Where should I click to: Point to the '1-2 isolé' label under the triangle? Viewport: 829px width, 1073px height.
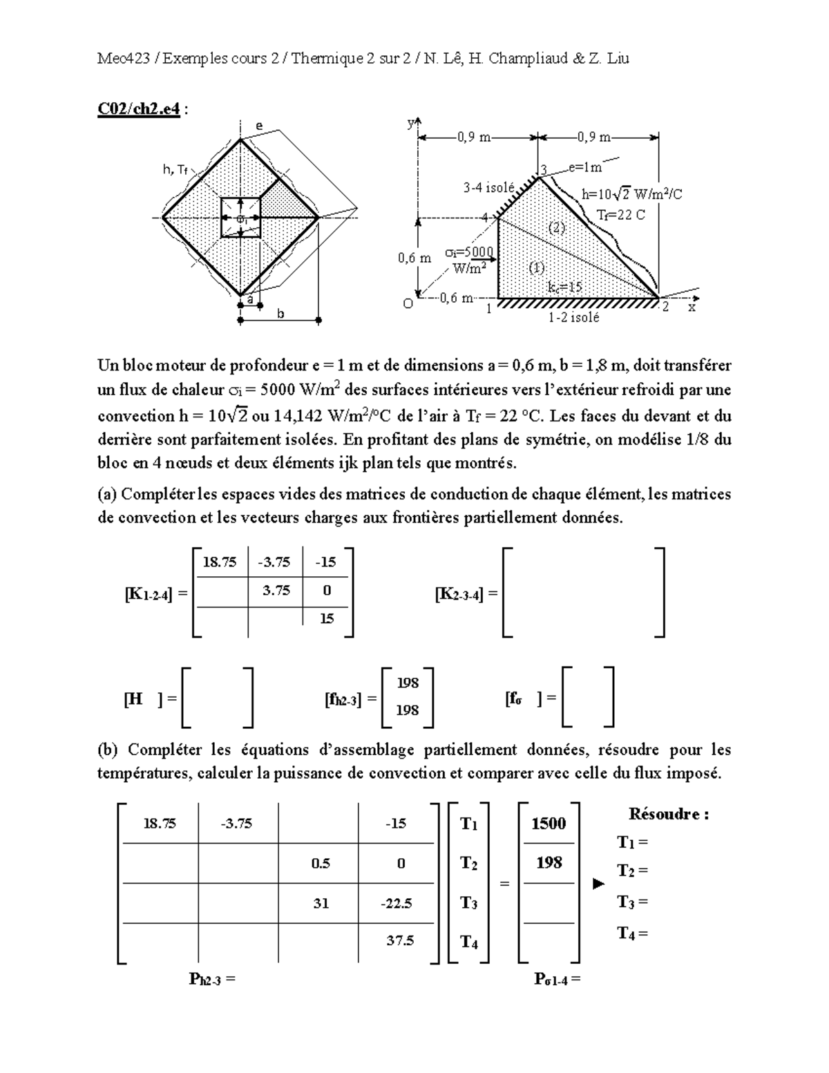point(574,318)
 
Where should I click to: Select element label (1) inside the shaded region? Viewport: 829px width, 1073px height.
point(536,267)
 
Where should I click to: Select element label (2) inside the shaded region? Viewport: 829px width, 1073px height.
point(557,227)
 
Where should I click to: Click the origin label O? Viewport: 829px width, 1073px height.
point(408,304)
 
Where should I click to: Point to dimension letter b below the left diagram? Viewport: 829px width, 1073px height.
point(280,314)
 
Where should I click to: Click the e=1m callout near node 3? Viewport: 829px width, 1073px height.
point(585,167)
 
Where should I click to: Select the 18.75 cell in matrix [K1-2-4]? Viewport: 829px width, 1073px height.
point(220,562)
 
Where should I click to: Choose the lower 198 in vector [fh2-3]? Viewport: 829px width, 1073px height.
point(408,710)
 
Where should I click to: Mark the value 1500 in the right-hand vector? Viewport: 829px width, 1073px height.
point(549,824)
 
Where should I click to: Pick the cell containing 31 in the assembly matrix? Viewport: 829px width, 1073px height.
point(321,902)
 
